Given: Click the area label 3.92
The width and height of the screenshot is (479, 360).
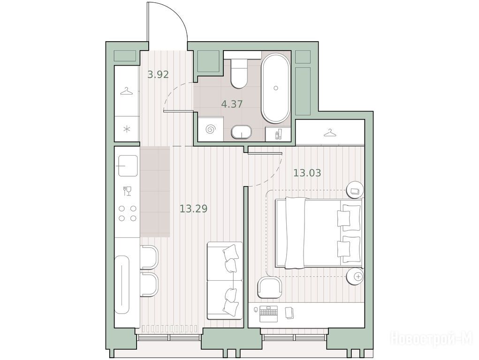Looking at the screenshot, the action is click(x=158, y=74).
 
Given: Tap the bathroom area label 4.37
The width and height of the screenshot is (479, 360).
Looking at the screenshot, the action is click(x=232, y=104).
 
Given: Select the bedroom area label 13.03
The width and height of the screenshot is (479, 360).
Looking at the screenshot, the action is click(x=307, y=173).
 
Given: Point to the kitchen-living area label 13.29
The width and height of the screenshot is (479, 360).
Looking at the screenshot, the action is click(x=193, y=209).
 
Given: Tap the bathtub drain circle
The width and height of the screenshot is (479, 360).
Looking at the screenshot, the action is click(x=276, y=88).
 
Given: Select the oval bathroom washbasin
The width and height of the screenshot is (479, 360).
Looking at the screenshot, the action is click(x=241, y=132).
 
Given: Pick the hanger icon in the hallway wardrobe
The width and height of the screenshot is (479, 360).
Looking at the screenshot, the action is click(x=127, y=91).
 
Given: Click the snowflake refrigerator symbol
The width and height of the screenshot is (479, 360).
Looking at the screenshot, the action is click(x=127, y=129).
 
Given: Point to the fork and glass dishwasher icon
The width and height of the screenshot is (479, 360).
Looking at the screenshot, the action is click(x=127, y=191).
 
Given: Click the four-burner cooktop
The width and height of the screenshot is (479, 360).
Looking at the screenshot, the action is click(x=128, y=213).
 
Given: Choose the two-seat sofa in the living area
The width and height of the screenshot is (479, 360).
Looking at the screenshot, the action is click(x=225, y=281).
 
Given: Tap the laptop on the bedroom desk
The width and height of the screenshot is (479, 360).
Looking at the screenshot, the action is click(x=268, y=314).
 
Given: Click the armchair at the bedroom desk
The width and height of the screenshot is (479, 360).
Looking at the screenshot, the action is click(x=269, y=287).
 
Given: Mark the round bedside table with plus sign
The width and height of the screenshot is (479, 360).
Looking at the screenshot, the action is click(x=355, y=277).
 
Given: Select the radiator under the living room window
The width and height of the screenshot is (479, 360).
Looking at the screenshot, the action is click(x=169, y=329).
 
